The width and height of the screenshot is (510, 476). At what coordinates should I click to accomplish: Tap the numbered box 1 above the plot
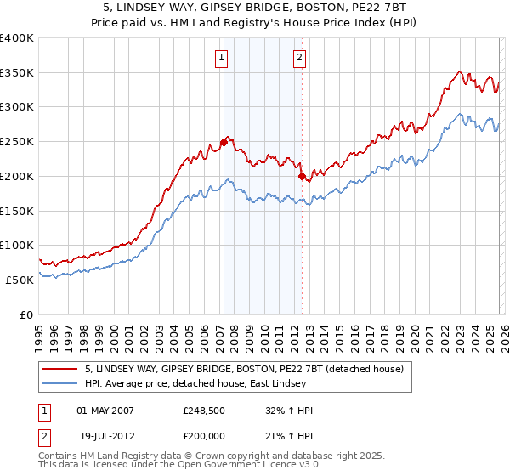(x=222, y=58)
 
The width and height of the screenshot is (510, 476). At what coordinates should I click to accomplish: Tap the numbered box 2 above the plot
(x=300, y=58)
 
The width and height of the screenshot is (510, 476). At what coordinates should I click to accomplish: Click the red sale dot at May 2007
(x=224, y=142)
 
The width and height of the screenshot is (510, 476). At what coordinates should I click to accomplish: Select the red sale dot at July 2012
(x=302, y=176)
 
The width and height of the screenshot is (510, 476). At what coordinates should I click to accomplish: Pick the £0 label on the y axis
(x=27, y=314)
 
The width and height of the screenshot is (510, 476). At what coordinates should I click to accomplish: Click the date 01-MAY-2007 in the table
(x=105, y=411)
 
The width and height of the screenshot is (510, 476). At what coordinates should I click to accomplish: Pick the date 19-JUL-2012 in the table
(x=105, y=434)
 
